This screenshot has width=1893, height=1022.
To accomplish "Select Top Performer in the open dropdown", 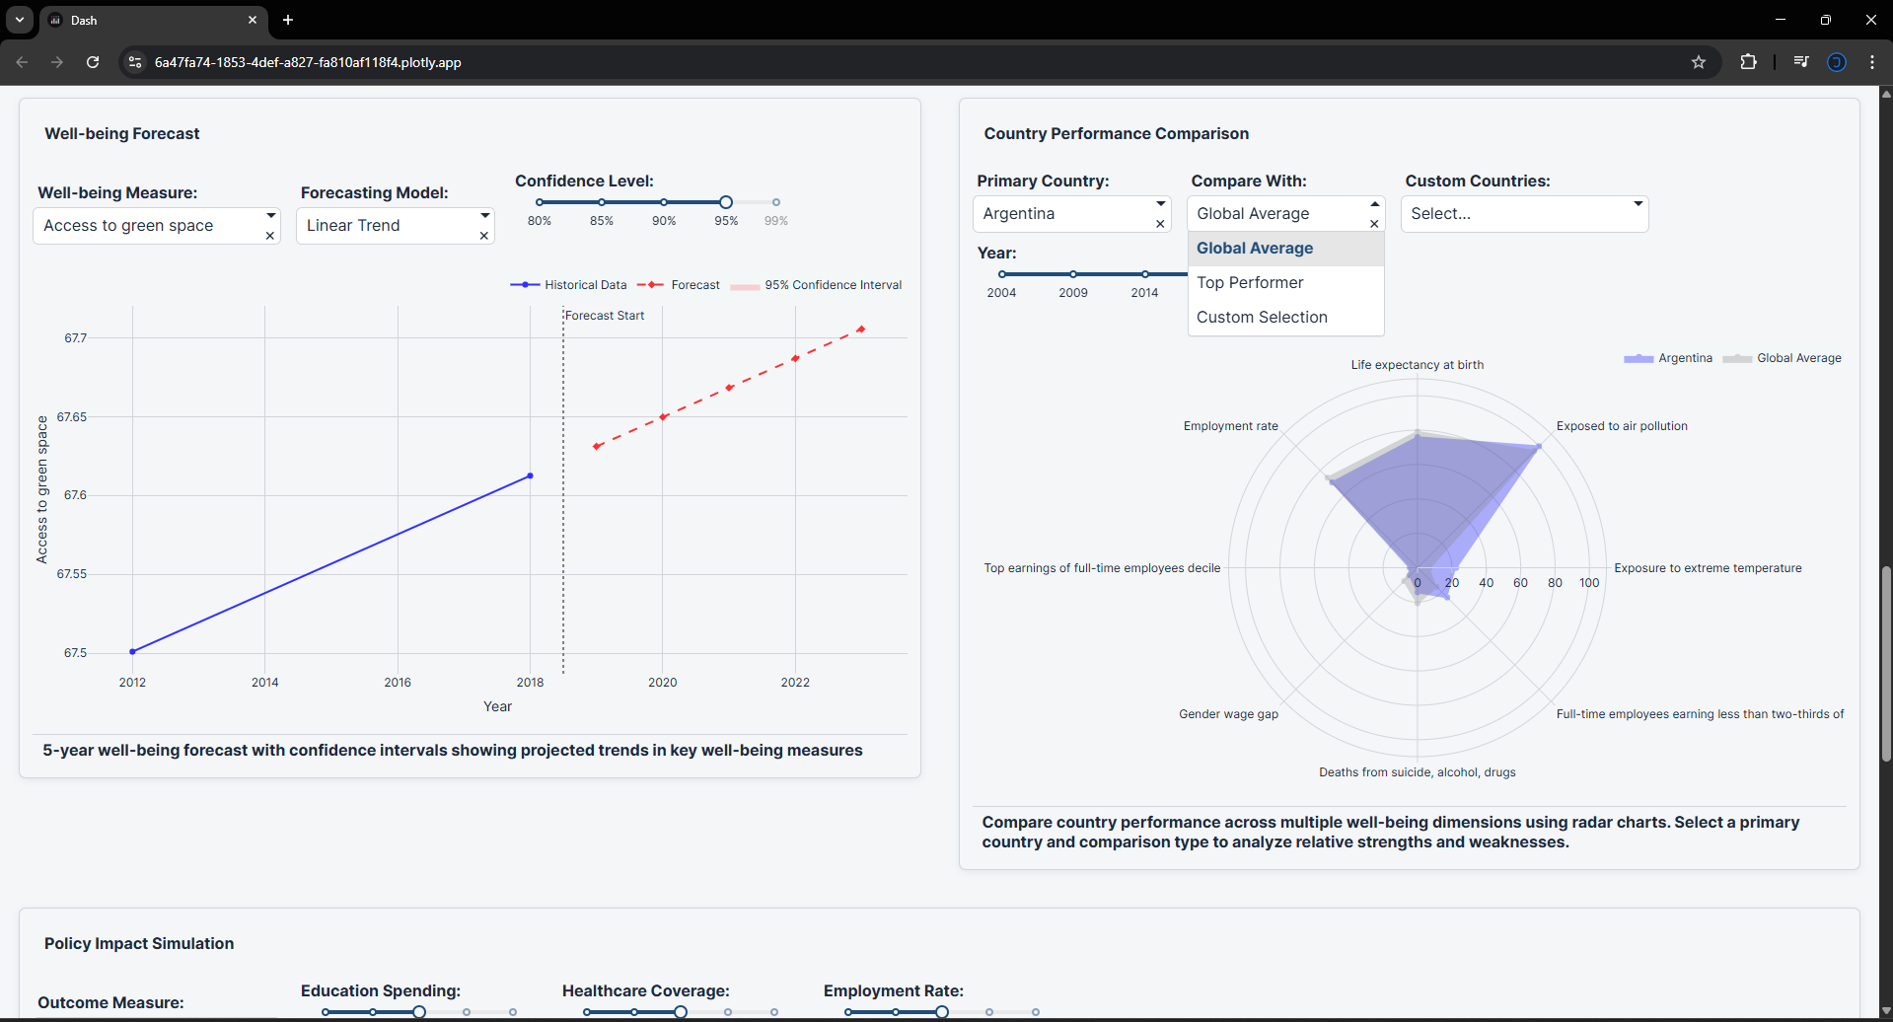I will click(1250, 283).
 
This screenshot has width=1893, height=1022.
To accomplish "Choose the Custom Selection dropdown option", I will click(1262, 318).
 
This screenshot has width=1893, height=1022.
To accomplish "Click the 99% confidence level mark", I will click(776, 202).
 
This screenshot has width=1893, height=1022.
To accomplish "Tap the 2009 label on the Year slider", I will click(1073, 293).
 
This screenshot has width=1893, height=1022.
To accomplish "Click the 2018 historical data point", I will click(530, 476).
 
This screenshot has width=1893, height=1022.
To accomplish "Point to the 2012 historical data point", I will click(133, 651).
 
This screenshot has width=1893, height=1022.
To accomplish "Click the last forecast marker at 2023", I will click(861, 329).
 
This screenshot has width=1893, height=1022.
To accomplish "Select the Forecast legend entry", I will click(694, 285).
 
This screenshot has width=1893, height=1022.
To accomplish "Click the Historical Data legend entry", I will click(585, 285).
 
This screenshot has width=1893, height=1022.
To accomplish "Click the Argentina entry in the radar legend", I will click(1685, 358).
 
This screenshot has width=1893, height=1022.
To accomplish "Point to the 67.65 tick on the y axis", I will click(72, 417).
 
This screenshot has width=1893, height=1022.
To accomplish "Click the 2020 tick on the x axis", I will click(663, 683).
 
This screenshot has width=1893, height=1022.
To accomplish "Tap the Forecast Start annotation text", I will click(605, 316).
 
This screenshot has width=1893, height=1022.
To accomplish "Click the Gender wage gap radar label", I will click(1228, 714).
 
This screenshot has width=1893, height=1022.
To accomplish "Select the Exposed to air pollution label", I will click(1622, 426).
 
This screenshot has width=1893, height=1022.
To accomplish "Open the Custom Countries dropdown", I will click(1524, 214).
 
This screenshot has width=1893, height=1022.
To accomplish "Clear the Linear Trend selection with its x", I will click(483, 236).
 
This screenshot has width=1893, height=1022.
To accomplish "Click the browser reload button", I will click(93, 62).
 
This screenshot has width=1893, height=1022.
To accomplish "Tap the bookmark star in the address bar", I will click(1698, 62).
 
